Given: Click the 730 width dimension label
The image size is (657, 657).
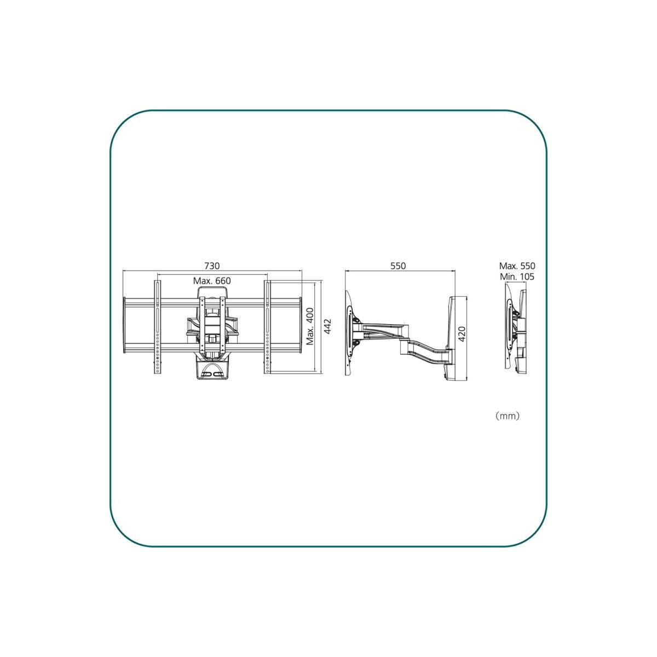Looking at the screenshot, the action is tap(212, 266).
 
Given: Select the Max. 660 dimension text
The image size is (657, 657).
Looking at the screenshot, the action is tap(212, 281).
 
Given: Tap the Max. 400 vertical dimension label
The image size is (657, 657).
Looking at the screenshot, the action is tap(310, 327).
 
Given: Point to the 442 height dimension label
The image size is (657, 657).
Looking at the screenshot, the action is tap(327, 327).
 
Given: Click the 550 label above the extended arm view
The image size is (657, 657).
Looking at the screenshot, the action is tap(398, 266).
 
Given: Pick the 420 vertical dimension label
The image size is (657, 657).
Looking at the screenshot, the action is tap(462, 334).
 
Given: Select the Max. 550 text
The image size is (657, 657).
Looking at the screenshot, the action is tap(517, 266).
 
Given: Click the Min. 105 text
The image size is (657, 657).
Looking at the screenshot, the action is tap(517, 276).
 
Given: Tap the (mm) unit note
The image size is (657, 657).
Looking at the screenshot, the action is tap(508, 416).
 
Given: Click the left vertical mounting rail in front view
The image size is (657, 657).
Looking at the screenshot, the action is tap(158, 327).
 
